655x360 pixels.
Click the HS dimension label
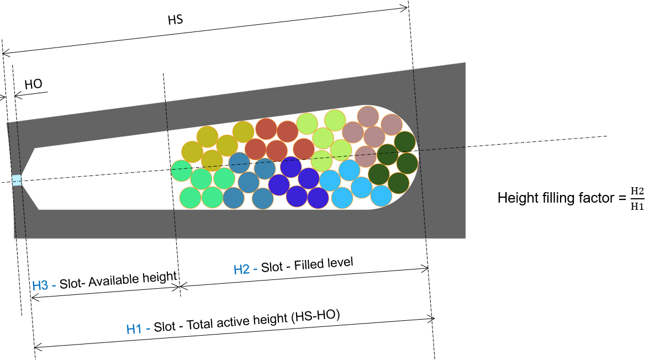pos(176,20)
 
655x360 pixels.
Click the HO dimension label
pos(34,84)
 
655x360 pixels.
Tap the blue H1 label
pos(134,329)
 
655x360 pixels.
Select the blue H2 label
pos(241,269)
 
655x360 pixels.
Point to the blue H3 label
pos(40,285)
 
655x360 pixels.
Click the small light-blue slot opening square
pos(17,181)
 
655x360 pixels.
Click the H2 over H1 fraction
pos(637,199)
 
